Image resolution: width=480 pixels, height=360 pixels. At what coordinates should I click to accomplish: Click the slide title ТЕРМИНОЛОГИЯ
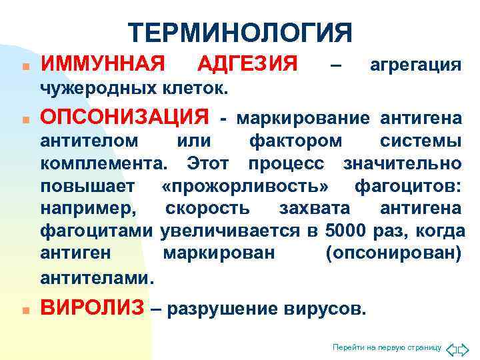[x=239, y=33]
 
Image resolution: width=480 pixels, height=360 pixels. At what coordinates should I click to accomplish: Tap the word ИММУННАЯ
[x=103, y=65]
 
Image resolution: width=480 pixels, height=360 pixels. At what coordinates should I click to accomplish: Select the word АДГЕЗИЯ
[x=248, y=65]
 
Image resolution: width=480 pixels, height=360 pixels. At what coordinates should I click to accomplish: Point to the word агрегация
[x=415, y=65]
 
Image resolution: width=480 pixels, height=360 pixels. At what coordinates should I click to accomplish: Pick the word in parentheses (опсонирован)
[x=393, y=254]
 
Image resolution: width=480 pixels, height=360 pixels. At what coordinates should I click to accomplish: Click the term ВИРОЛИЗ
[x=92, y=308]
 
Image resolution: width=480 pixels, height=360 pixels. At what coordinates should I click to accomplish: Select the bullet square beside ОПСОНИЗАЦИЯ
[x=24, y=120]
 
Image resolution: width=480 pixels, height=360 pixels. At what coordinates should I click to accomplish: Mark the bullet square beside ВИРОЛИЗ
[x=24, y=311]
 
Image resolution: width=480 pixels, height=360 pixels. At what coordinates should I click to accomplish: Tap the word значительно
[x=401, y=163]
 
